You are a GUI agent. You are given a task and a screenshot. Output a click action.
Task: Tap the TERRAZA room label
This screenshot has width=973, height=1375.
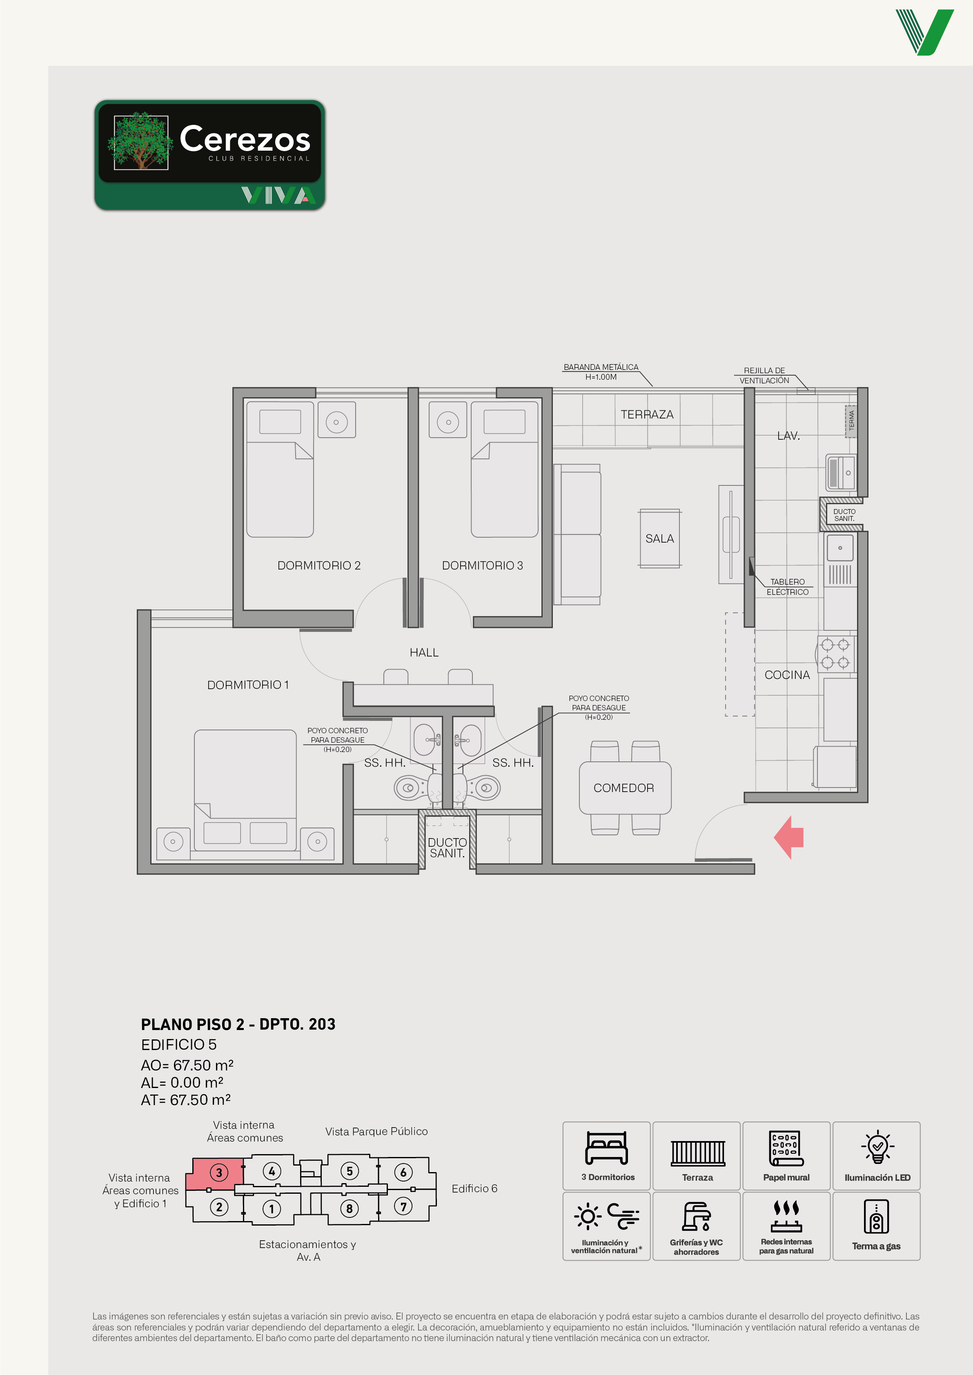coord(647,415)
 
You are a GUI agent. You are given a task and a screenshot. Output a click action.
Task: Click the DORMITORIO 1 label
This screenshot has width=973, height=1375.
coord(248,685)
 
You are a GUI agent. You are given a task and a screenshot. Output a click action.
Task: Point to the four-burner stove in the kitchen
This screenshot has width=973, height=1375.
coord(836,654)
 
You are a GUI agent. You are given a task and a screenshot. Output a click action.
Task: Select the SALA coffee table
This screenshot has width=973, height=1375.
coord(660,538)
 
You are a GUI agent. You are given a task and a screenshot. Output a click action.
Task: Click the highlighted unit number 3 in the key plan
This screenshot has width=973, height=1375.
coord(219,1173)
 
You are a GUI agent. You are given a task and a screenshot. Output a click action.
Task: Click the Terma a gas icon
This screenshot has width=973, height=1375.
coord(876,1216)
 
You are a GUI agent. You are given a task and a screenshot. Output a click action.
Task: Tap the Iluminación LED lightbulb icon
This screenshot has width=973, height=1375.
coord(877,1147)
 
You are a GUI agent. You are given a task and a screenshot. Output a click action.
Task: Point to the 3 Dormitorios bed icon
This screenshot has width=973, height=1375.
coord(606,1148)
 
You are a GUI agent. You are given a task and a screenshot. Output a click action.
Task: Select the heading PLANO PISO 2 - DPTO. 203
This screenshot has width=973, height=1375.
coord(238,1024)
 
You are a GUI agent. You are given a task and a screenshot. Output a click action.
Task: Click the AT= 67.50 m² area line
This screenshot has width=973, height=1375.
coord(186,1100)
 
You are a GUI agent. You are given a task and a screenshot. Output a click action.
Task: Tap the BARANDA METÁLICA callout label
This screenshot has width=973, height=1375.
coord(601,372)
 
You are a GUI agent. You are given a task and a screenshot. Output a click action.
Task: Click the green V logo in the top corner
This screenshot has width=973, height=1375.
coord(924,32)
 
